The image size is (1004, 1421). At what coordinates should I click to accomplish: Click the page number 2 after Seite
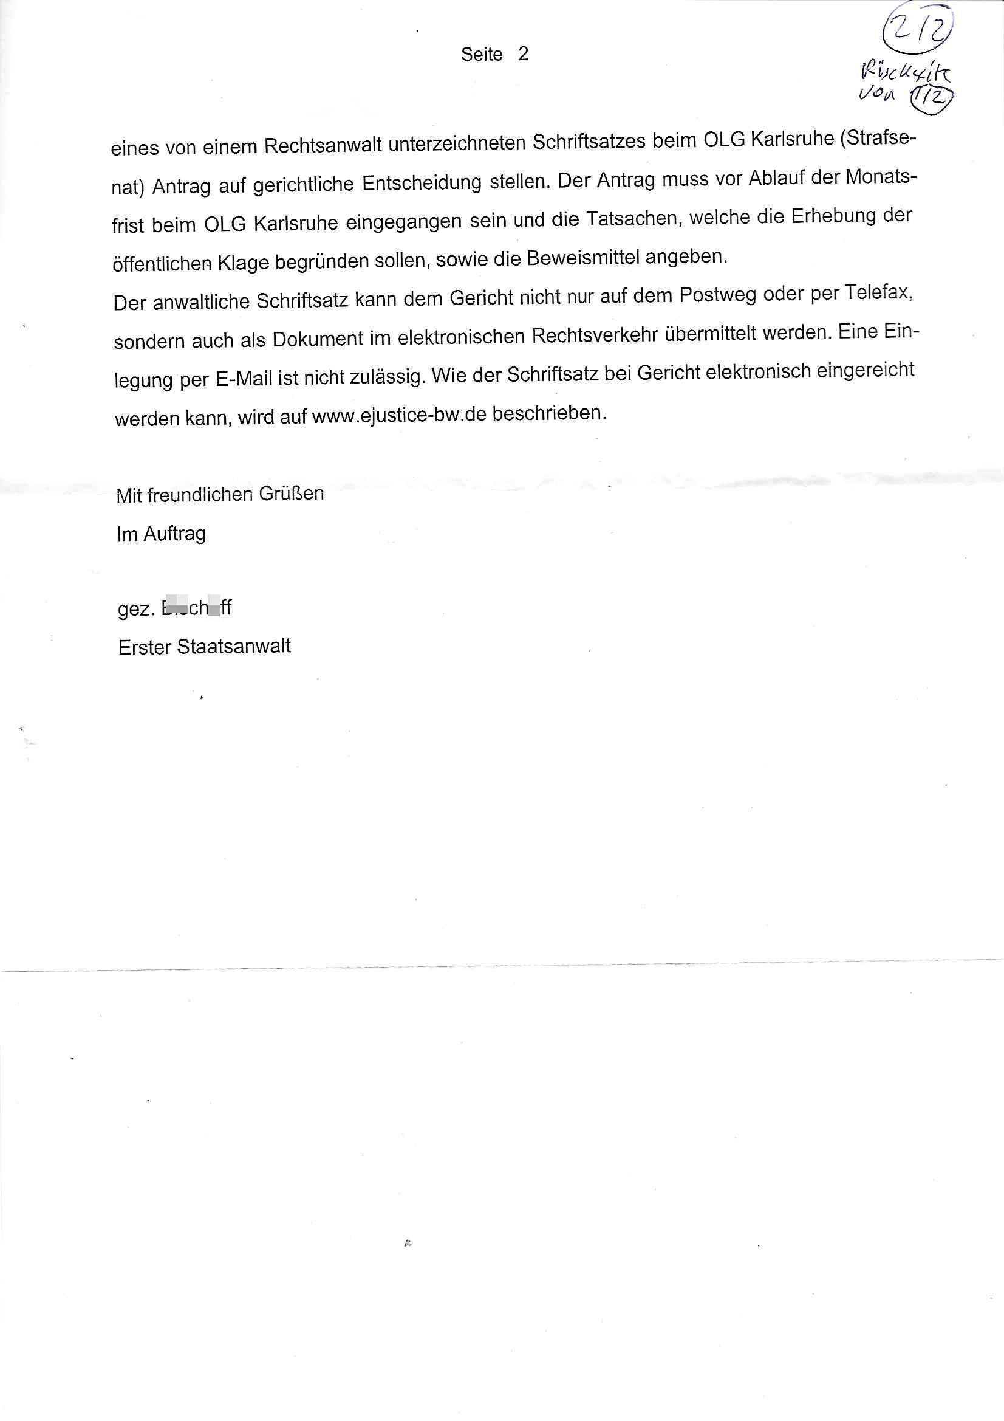click(x=524, y=54)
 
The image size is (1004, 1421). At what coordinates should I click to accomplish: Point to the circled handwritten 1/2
click(x=931, y=98)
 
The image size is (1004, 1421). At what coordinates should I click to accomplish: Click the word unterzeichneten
click(x=457, y=143)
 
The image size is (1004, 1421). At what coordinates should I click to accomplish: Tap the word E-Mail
click(x=244, y=378)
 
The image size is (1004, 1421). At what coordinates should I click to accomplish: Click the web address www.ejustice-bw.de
click(x=399, y=415)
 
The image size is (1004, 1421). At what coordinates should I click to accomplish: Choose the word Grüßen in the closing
click(x=292, y=494)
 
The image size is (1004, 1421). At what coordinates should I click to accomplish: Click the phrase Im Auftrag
click(x=162, y=534)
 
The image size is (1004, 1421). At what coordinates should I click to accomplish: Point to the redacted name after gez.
click(x=196, y=607)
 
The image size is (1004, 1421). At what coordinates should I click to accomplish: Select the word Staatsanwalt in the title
click(x=234, y=647)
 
